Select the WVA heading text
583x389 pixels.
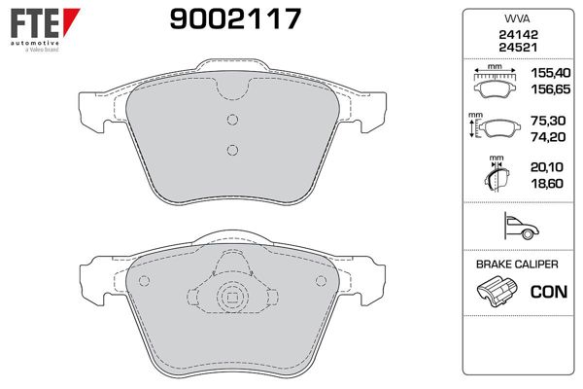515,18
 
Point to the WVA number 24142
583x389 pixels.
515,34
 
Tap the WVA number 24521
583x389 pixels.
515,48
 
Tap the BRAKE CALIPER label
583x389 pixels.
515,265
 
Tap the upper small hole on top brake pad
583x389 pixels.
231,120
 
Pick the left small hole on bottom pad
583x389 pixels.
144,282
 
